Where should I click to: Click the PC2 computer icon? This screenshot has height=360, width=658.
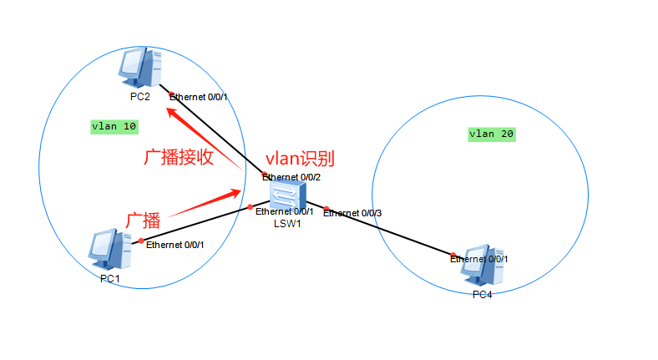click(x=140, y=68)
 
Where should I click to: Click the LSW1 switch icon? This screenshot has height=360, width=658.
click(x=286, y=195)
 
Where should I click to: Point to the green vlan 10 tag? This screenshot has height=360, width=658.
click(x=114, y=127)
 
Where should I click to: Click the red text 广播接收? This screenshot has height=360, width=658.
click(x=180, y=157)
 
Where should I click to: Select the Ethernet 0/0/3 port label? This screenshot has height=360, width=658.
click(x=352, y=214)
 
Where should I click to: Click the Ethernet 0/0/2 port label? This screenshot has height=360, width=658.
click(x=291, y=177)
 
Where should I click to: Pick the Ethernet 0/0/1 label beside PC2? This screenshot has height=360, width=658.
click(x=199, y=97)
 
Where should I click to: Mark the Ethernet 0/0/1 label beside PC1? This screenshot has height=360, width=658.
click(x=175, y=244)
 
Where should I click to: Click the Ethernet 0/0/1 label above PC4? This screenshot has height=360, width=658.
click(x=478, y=259)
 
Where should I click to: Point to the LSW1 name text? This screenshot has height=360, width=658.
click(x=286, y=223)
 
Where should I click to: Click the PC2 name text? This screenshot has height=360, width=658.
click(x=139, y=96)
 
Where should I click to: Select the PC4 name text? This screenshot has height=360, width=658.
click(x=481, y=295)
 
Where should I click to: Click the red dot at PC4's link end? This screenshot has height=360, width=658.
click(x=453, y=255)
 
